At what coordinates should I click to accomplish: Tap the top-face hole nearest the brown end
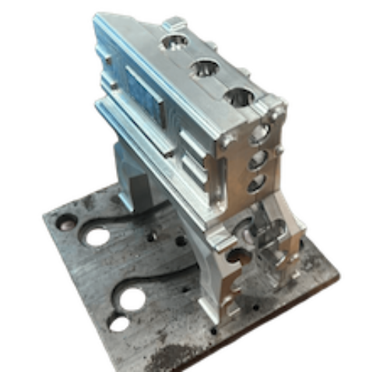pos(239,98)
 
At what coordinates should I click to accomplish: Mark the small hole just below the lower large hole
pos(118,321)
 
